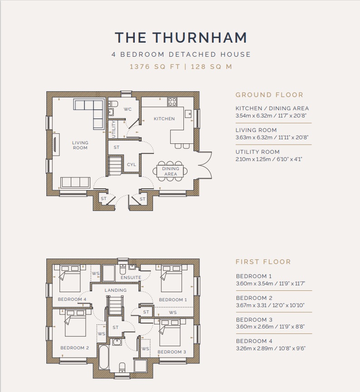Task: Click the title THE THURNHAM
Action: pos(181,38)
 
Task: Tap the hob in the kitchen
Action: pos(172,102)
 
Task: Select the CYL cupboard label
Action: pos(132,165)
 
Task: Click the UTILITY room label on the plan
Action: pos(113,129)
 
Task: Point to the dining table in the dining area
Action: pos(170,171)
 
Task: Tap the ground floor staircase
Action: pos(115,165)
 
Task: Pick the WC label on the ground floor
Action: pos(128,109)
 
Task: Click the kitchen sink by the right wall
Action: pos(188,114)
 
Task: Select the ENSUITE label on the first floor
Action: pos(131,278)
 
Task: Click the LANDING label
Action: pos(115,290)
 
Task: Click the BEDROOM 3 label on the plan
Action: pos(172,352)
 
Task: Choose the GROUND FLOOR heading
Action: pos(270,95)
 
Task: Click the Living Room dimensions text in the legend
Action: pos(271,137)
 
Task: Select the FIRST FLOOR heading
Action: pos(263,262)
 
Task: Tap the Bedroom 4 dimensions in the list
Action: pos(271,348)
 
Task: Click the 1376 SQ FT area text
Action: pos(155,67)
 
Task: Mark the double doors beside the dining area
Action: pos(205,165)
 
